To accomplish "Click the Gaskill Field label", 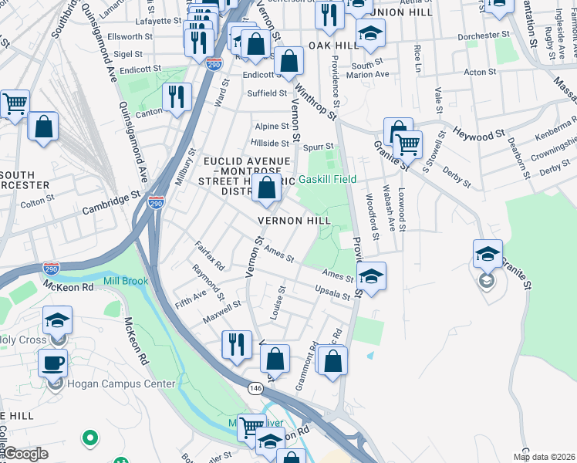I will click(327, 179).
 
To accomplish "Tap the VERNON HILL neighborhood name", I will click(294, 220).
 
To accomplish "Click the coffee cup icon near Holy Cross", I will click(52, 362).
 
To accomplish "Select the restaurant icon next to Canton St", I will click(177, 97).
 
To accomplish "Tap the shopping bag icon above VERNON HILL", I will click(267, 188).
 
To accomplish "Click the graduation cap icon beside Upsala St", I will click(371, 276).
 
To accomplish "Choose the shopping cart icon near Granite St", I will click(407, 144).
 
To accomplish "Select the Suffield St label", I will click(267, 93).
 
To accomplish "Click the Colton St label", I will click(36, 203).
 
